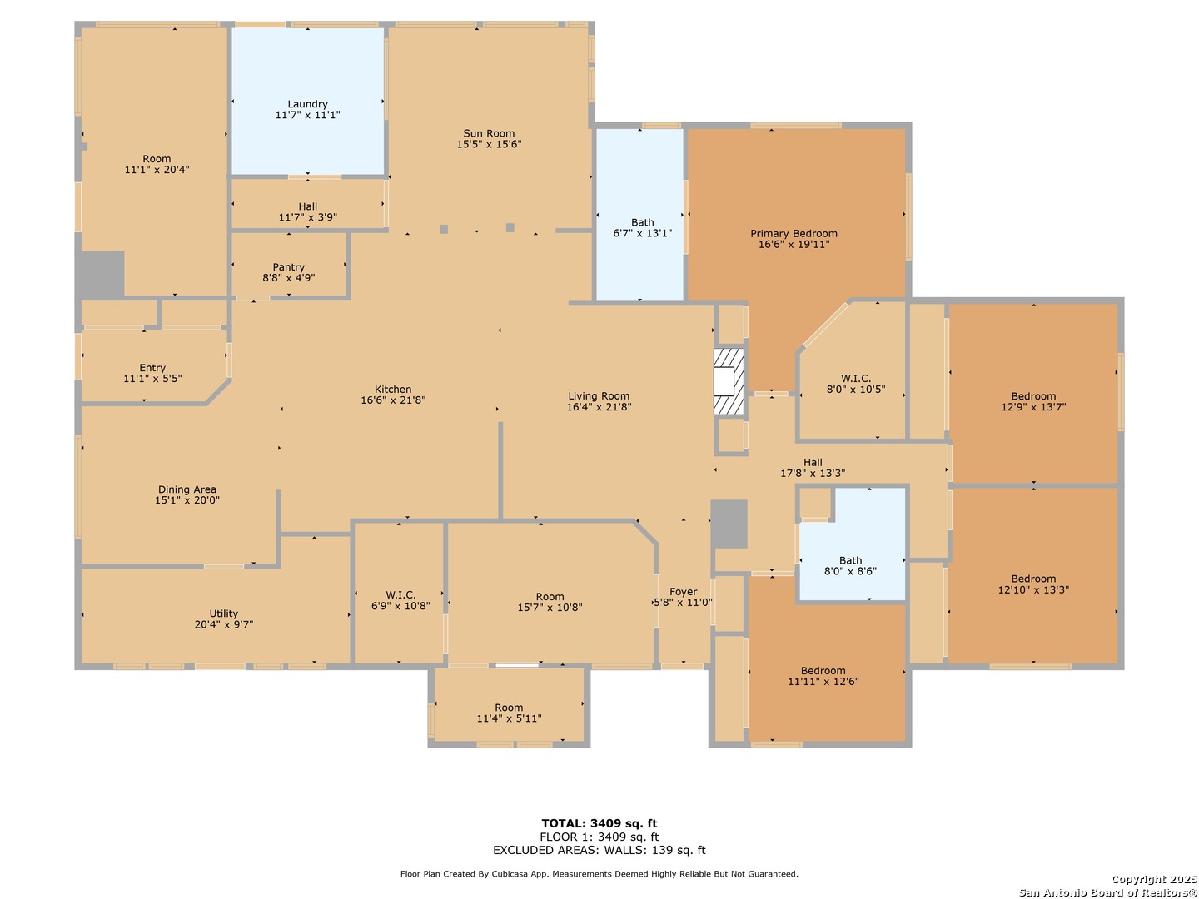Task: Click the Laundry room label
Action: pos(307,104)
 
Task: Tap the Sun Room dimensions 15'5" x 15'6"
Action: pos(489,144)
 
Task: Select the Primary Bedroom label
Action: pos(794,234)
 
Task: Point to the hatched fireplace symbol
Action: pos(729,381)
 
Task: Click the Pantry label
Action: pos(288,267)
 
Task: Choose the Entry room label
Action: pos(152,368)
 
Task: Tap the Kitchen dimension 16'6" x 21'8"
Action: pos(393,400)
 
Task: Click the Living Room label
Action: pos(599,396)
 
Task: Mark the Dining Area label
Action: pos(187,489)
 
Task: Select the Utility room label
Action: pos(224,613)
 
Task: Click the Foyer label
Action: pos(683,592)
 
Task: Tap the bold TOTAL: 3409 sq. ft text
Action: pos(599,823)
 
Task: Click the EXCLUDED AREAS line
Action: pos(599,850)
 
